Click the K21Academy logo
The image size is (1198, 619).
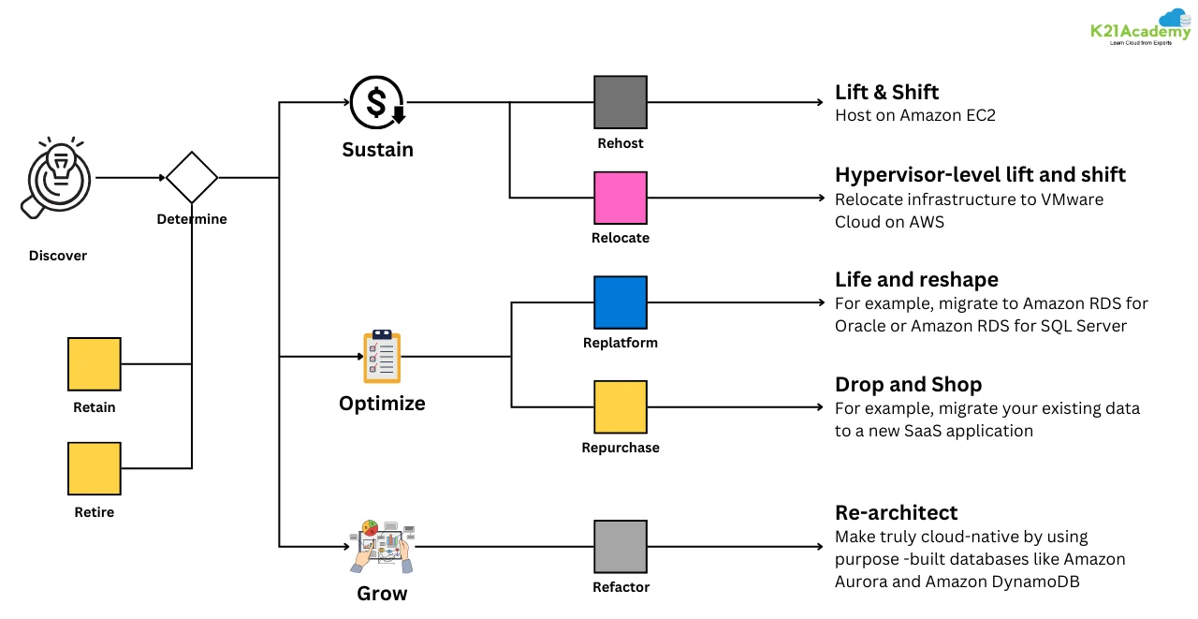[x=1140, y=30]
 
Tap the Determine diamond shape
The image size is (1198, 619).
[x=192, y=177]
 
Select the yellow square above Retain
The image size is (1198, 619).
[x=95, y=364]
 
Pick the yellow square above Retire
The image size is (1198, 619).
[x=95, y=469]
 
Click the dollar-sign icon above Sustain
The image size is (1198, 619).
[x=377, y=102]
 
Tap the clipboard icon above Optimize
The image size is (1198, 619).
[x=382, y=357]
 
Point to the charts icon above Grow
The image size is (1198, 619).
[x=382, y=546]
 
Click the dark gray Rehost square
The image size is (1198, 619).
[x=621, y=102]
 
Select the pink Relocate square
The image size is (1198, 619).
[x=621, y=198]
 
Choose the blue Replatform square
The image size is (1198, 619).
[x=621, y=302]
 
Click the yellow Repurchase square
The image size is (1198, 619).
[x=621, y=407]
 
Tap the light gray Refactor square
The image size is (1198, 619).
[x=621, y=547]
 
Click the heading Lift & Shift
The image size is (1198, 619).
[x=886, y=92]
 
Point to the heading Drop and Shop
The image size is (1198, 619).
[x=908, y=385]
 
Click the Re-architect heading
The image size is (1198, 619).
[x=896, y=512]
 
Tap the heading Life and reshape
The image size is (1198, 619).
[x=916, y=280]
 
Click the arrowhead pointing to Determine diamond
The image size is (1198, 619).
[x=160, y=177]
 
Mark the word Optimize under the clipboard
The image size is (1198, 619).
[x=382, y=404]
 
